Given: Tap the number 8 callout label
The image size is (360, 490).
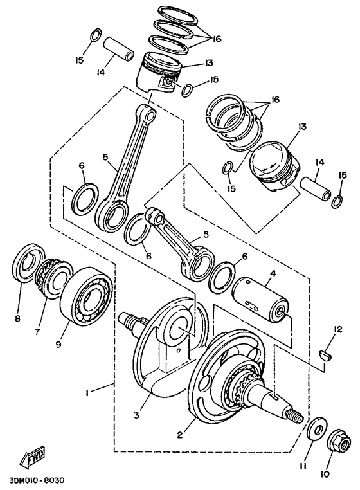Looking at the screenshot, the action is [x=17, y=318].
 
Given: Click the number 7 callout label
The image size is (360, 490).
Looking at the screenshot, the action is [x=37, y=332].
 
